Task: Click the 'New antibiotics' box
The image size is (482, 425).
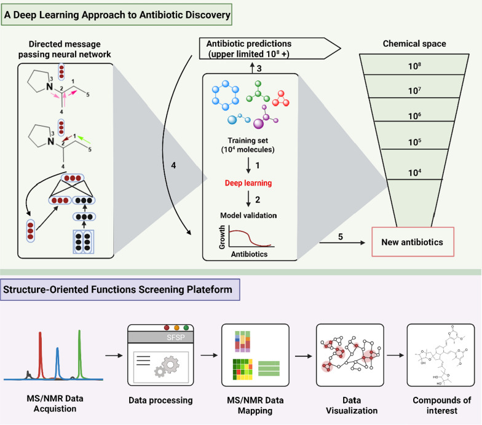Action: [413, 242]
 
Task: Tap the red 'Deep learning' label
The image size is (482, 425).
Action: [248, 183]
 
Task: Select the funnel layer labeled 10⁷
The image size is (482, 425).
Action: [414, 86]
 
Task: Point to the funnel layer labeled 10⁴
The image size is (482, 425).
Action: [414, 165]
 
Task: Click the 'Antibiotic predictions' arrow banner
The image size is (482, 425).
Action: [270, 48]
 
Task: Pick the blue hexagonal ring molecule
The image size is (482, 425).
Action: [225, 95]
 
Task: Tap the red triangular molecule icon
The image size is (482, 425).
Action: [280, 98]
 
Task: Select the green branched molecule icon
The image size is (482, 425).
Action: [258, 92]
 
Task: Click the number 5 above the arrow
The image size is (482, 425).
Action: [341, 237]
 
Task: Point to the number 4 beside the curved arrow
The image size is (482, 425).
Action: [173, 166]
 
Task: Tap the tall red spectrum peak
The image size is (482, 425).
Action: [41, 355]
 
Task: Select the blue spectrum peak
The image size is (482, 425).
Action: [57, 363]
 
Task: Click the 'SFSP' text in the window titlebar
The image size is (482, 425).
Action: [176, 338]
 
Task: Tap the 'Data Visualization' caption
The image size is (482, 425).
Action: [352, 405]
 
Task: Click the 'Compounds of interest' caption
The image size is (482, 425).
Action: [441, 405]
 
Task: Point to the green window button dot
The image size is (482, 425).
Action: [186, 328]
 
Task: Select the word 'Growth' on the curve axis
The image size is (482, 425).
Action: [222, 237]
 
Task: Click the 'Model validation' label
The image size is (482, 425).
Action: [248, 215]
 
